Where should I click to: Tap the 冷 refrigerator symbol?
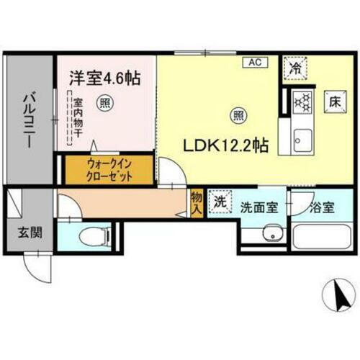tap(296, 68)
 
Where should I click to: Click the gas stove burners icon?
tap(302, 102)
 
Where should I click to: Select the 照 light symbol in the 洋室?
tap(105, 102)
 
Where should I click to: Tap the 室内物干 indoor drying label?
tap(76, 122)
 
